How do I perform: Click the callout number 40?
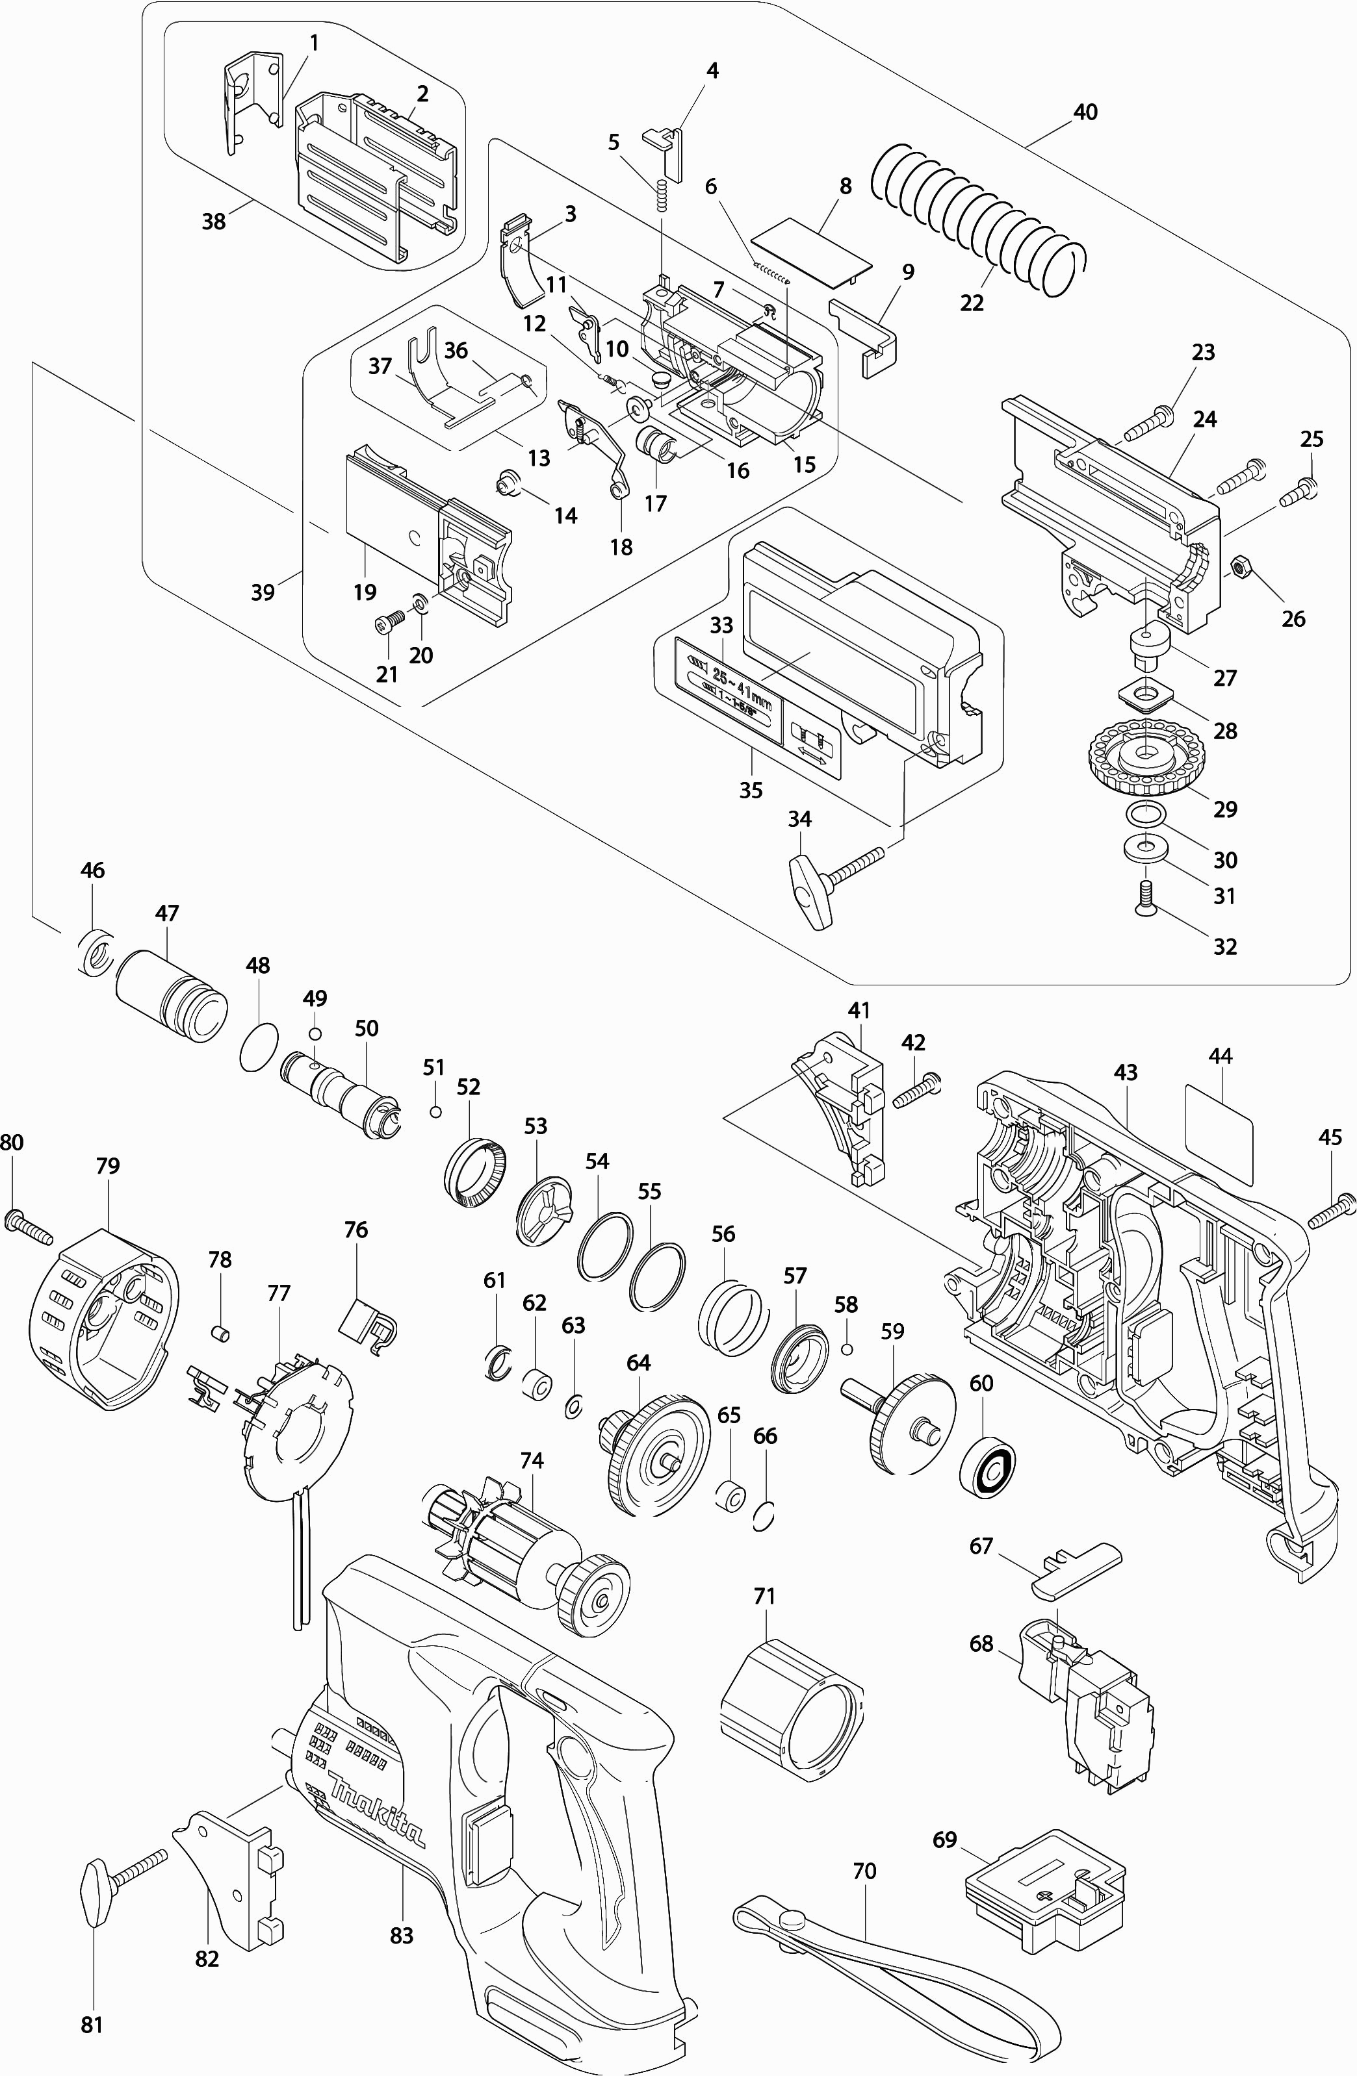coord(1085,112)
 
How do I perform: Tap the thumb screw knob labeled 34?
coord(810,891)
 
